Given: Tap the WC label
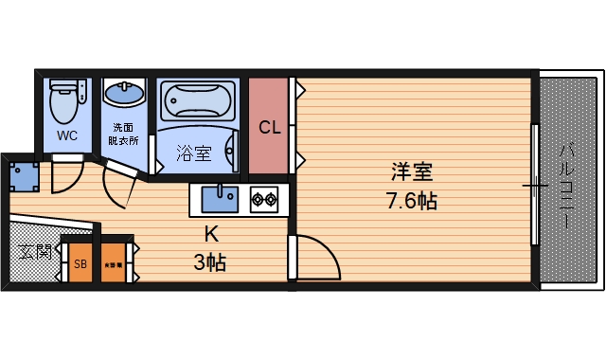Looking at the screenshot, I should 66,135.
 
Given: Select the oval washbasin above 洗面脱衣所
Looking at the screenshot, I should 123,95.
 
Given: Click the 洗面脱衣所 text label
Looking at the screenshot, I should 125,133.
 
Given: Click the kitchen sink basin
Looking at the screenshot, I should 221,199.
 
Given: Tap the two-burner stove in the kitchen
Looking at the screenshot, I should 264,200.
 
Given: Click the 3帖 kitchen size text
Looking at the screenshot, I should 210,262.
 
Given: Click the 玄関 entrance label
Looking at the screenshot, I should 33,253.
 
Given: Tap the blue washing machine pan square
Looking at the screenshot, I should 24,175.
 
